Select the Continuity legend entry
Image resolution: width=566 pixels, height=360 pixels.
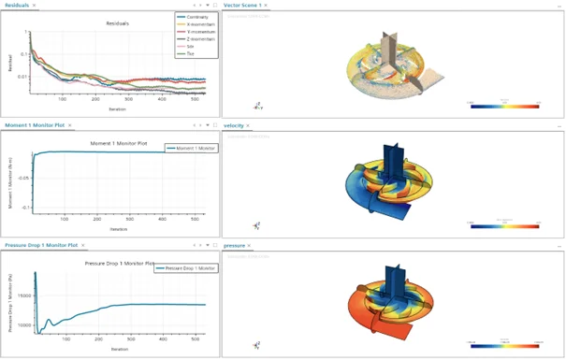(196, 17)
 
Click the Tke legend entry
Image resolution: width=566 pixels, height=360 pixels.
(191, 53)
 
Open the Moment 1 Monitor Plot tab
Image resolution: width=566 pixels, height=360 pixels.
(34, 124)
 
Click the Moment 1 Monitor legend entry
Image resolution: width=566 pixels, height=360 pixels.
(193, 147)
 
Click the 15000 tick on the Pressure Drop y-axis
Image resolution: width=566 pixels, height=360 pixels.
(22, 294)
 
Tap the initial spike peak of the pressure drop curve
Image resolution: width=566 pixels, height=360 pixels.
(35, 273)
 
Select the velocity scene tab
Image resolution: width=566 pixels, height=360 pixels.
(234, 124)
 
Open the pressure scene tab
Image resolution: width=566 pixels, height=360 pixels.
(234, 245)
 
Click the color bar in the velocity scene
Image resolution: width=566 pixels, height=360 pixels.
(505, 224)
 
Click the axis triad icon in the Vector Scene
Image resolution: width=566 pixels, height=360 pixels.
(257, 106)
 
